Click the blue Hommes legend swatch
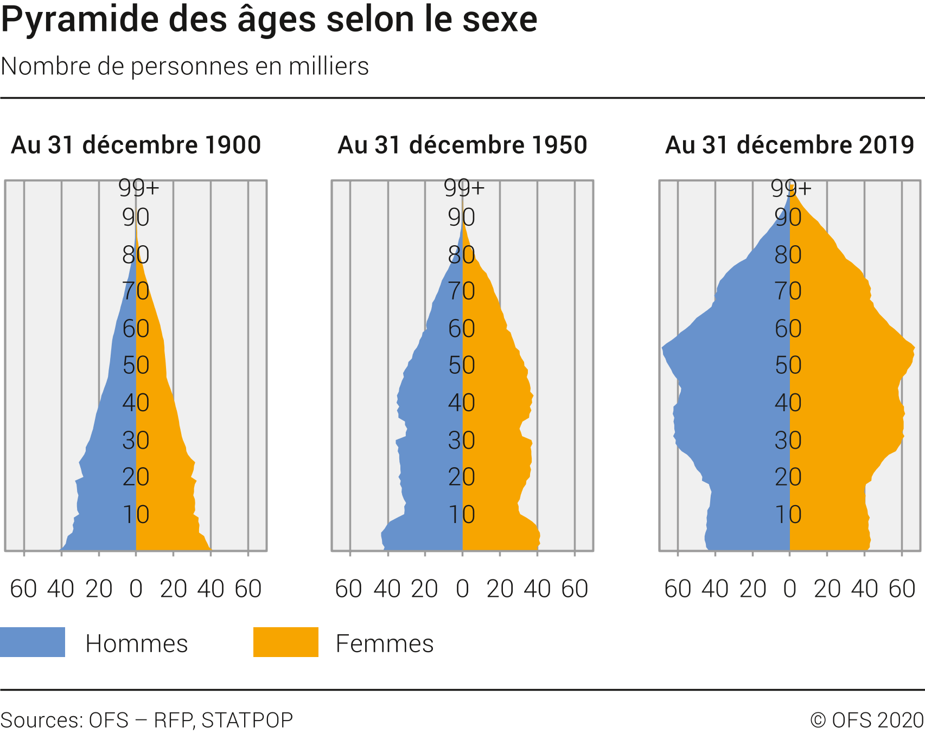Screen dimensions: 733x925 [33, 642]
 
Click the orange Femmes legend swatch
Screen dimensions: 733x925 [286, 642]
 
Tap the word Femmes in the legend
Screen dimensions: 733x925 [385, 643]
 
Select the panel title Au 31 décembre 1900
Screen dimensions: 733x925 [136, 145]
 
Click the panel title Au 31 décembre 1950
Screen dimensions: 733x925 [463, 145]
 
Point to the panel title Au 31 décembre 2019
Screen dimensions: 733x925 [790, 145]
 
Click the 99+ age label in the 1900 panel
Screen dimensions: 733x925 [139, 188]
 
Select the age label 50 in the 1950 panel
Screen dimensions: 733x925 [462, 365]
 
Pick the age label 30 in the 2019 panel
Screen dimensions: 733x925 [788, 440]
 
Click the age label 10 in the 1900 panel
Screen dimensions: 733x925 [136, 514]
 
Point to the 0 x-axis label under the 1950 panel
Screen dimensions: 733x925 [462, 589]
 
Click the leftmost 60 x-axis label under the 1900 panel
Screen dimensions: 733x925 [23, 589]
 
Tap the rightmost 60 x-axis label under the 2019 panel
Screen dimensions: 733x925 [902, 589]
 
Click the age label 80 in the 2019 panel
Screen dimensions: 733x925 [788, 254]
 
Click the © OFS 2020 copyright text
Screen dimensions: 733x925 [866, 720]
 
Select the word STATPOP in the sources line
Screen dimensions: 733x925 [247, 720]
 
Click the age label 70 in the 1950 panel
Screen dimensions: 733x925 [462, 291]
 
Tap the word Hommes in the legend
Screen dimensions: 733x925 [137, 643]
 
